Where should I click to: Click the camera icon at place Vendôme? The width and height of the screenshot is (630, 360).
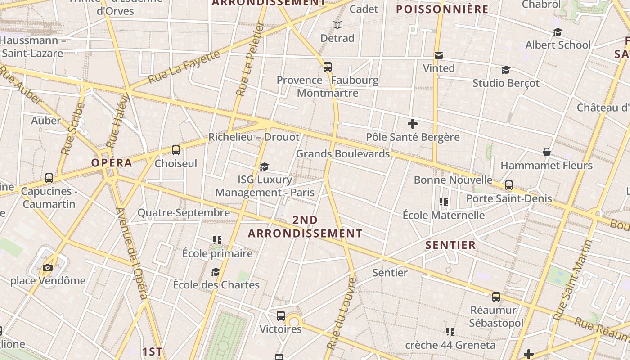coord(48,268)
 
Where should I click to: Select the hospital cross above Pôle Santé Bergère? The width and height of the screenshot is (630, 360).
coord(413,124)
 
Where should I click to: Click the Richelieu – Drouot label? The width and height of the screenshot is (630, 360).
coord(254,137)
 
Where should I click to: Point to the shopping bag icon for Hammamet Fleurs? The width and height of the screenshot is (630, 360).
coord(547,152)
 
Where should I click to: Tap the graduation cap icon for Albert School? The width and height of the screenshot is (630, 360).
coord(558,32)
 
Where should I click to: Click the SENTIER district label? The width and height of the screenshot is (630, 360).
coord(450,245)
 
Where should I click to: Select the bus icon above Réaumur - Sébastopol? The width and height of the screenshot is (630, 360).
coord(496,297)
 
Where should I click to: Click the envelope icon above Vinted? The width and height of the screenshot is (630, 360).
coord(439,55)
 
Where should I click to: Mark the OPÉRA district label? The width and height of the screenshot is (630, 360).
coord(112,163)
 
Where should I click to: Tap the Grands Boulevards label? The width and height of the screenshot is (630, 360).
coord(343,153)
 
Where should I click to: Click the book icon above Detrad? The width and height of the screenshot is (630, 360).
coord(337,25)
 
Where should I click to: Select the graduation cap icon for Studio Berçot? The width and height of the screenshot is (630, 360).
coord(506,70)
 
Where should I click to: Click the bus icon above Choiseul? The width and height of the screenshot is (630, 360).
coord(176,150)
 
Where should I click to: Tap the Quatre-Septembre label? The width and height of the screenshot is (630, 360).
coord(184,213)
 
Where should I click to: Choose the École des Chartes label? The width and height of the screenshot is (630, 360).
coord(216,285)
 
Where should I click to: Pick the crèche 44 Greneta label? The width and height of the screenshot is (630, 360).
coord(450,345)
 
